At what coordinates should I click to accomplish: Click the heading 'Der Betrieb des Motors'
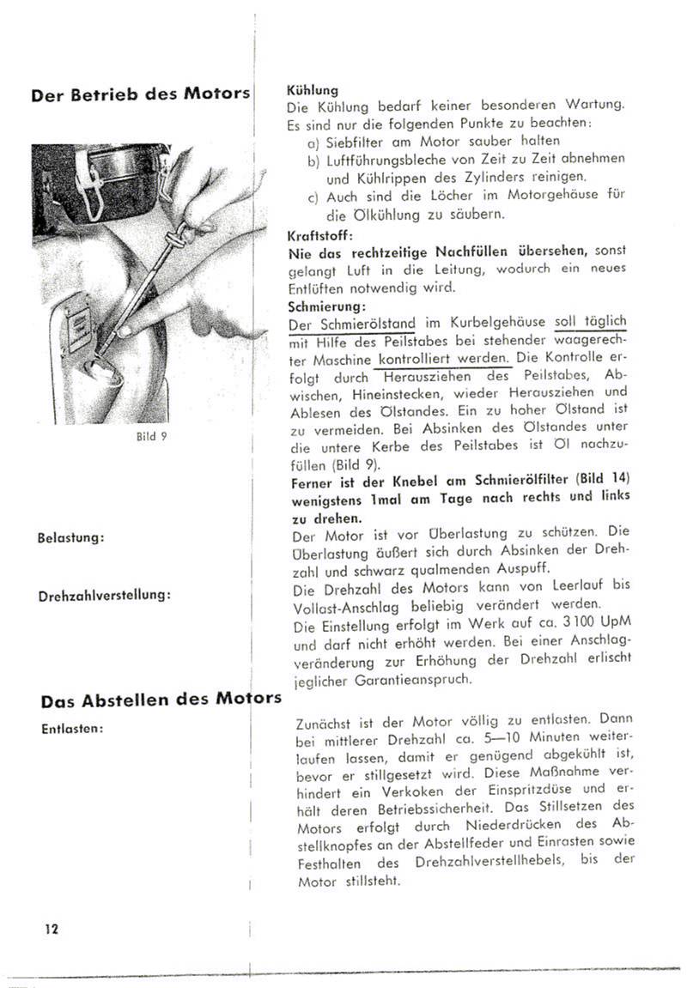point(140,94)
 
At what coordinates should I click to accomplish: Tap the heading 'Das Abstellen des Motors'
point(161,699)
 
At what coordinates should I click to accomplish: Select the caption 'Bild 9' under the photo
point(146,436)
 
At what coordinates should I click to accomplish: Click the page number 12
point(51,928)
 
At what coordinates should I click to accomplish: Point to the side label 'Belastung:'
point(70,537)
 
